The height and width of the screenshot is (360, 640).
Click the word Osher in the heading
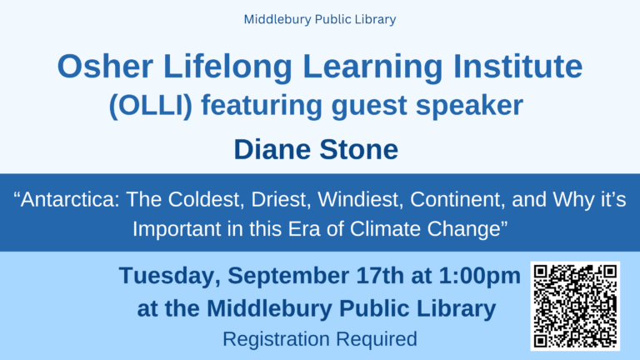point(105,67)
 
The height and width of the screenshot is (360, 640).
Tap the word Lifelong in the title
point(227,67)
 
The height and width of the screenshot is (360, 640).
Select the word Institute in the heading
point(518,67)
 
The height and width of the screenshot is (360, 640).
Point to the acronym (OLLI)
point(151,106)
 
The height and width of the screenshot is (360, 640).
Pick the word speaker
point(469,105)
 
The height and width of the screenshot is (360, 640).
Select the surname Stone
point(359,149)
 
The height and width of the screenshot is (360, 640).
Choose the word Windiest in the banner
point(360,200)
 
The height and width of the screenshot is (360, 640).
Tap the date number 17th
point(380,276)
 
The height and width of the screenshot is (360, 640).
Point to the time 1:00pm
point(480,277)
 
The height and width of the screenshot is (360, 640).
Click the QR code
point(575,306)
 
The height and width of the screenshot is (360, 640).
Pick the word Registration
point(277,339)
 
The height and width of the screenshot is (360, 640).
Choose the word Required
point(377,339)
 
